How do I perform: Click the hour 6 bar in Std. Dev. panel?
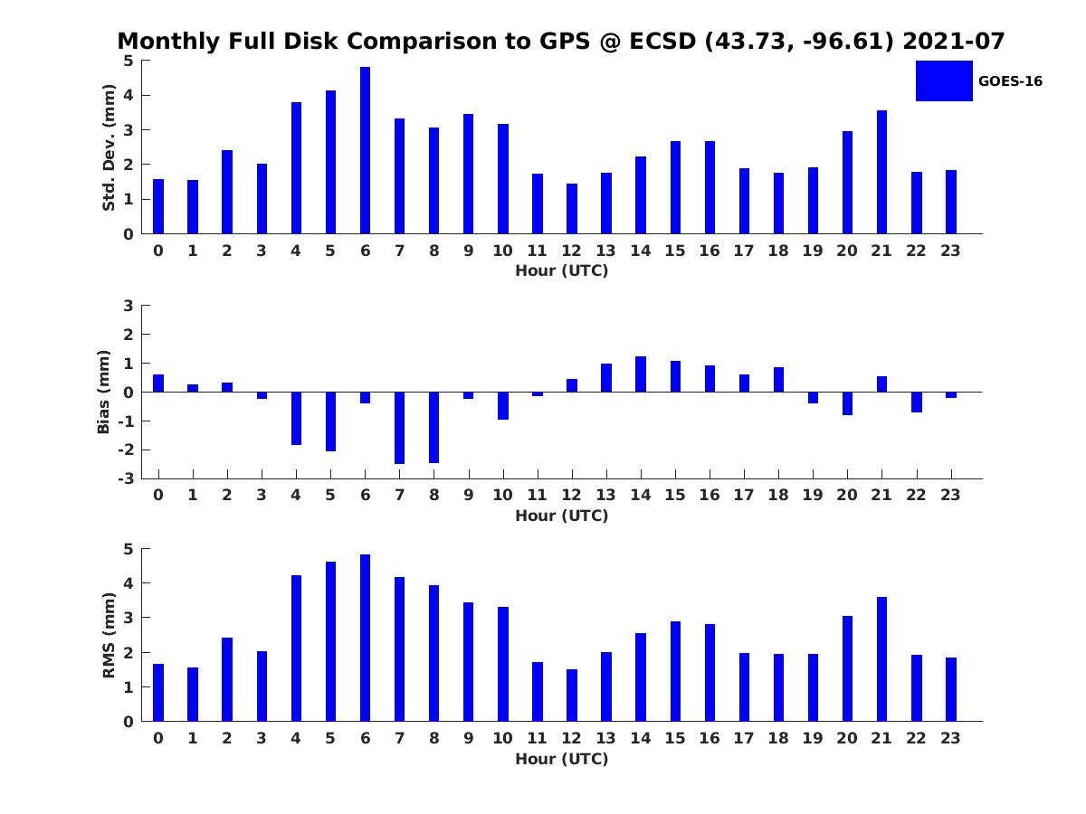click(x=365, y=150)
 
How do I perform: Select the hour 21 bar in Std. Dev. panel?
click(x=881, y=172)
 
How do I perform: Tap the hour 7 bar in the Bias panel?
click(x=399, y=428)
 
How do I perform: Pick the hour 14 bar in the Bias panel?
click(x=641, y=374)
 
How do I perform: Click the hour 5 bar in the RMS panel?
click(x=330, y=641)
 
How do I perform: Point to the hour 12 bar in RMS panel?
click(x=572, y=696)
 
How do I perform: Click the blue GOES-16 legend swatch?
click(x=944, y=80)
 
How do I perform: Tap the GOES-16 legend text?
click(x=1010, y=81)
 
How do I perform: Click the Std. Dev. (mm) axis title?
click(x=109, y=147)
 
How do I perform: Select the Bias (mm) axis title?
click(x=104, y=392)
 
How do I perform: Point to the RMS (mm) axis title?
click(x=109, y=636)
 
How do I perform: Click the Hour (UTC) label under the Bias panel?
click(x=561, y=516)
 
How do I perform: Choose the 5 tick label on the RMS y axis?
click(x=129, y=549)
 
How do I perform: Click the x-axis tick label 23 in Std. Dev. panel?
click(x=950, y=251)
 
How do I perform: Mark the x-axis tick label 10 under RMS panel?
click(x=502, y=738)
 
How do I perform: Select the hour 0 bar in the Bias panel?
click(x=158, y=383)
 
